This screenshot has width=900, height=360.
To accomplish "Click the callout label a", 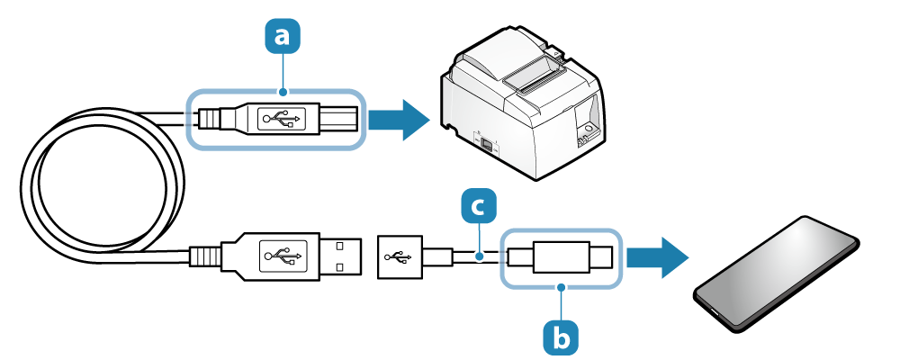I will (283, 37).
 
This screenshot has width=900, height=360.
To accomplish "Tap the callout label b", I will (560, 337).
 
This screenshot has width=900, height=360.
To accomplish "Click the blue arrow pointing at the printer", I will (400, 118).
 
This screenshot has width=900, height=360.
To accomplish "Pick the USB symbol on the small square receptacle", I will (397, 257).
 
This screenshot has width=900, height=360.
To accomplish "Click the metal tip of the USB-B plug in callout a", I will (341, 118).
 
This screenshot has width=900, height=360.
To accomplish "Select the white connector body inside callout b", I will (561, 257).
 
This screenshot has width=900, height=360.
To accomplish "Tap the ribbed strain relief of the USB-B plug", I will (210, 118).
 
